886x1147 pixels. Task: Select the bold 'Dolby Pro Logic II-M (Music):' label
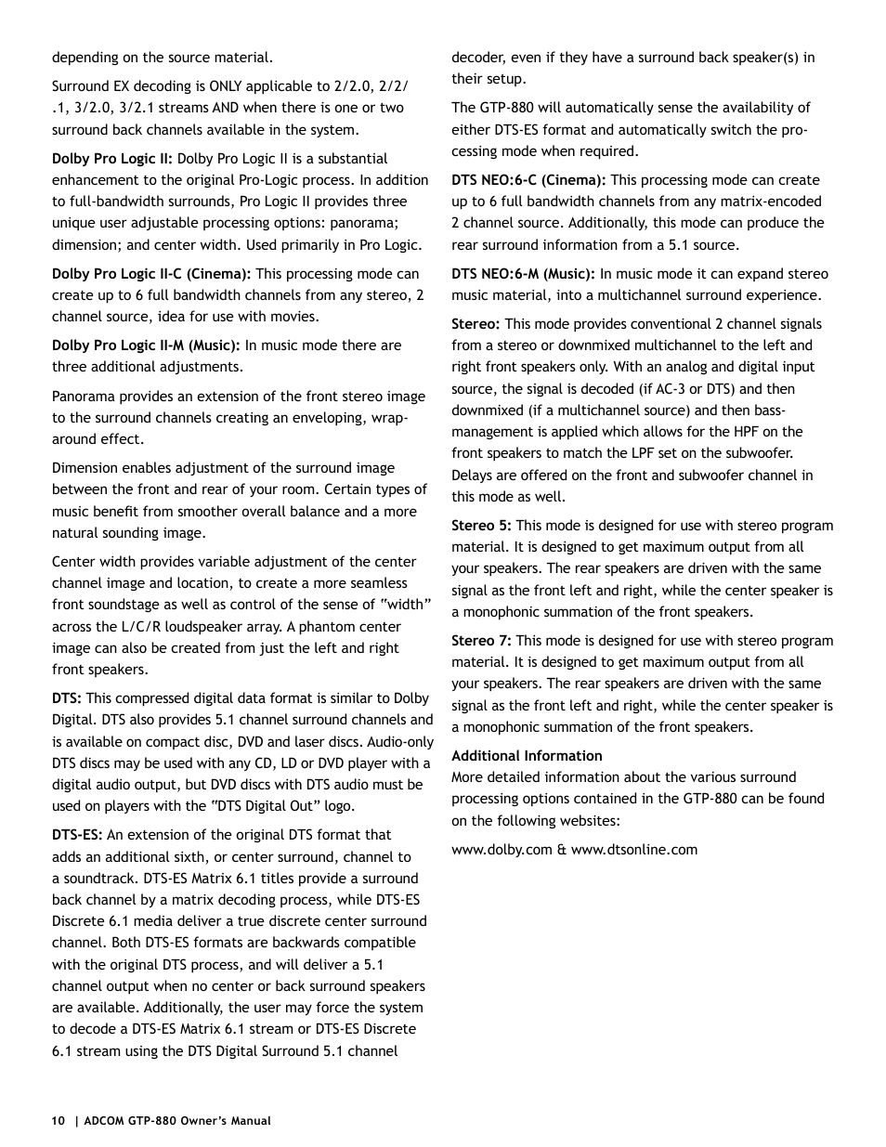pyautogui.click(x=146, y=345)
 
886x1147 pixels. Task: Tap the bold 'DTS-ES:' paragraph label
pyautogui.click(x=77, y=835)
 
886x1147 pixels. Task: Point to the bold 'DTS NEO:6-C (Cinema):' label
pyautogui.click(x=528, y=180)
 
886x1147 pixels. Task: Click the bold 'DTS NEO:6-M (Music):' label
pyautogui.click(x=523, y=274)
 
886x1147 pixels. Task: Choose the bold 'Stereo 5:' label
pyautogui.click(x=481, y=526)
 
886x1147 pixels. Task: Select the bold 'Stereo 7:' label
pyautogui.click(x=481, y=641)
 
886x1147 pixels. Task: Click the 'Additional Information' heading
pyautogui.click(x=527, y=756)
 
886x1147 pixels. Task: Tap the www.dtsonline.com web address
pyautogui.click(x=633, y=850)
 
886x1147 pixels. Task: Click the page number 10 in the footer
pyautogui.click(x=59, y=1121)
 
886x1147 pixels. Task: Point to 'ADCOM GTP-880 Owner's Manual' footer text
pyautogui.click(x=177, y=1121)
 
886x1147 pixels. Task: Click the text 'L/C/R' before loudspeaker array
pyautogui.click(x=141, y=627)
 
